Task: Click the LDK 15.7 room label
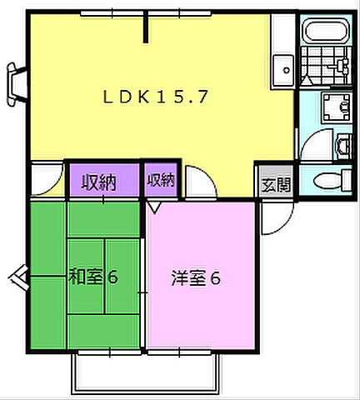tap(156, 97)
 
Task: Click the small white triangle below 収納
tap(155, 205)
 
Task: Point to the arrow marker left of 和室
tap(18, 276)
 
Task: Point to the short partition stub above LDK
tap(147, 25)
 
